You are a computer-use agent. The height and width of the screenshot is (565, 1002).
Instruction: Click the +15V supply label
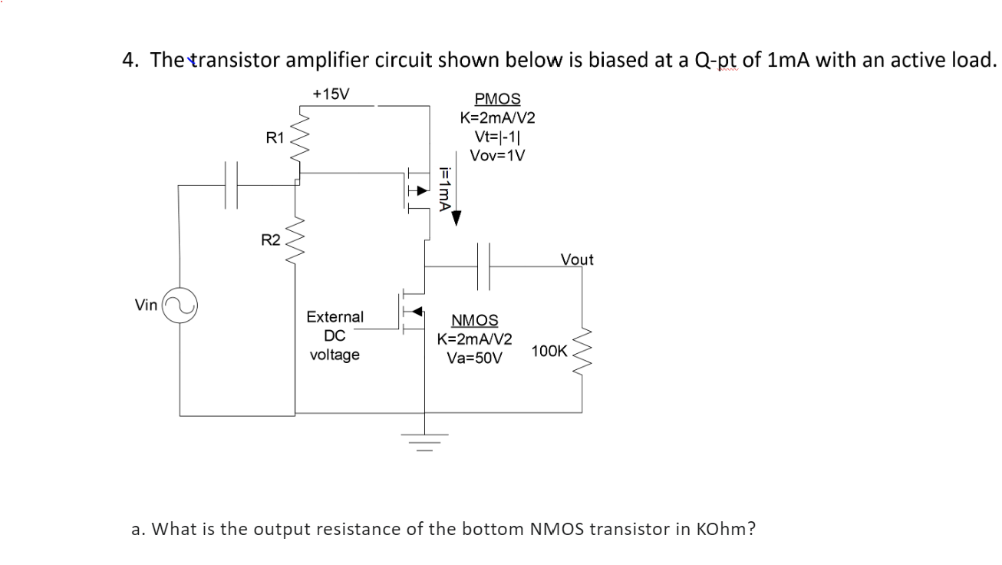coord(331,94)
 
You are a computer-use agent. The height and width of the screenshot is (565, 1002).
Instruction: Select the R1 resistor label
coord(275,138)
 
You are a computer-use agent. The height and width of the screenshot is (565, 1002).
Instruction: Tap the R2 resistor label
coord(270,240)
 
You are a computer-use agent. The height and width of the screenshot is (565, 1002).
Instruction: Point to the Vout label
coord(577,259)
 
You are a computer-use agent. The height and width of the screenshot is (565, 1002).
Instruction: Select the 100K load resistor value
coord(549,352)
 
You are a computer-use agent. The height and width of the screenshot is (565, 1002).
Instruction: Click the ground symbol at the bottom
coord(427,440)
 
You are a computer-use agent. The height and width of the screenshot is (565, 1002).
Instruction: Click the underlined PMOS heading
coord(497,99)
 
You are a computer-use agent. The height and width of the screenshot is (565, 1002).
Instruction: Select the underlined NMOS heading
coord(474,320)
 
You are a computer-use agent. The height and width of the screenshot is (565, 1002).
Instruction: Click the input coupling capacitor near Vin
coord(232,184)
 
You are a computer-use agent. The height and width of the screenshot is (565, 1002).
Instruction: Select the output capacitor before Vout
coord(485,266)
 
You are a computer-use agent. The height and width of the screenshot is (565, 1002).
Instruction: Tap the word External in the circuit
coord(335,317)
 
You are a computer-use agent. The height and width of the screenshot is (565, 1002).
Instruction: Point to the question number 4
coord(129,59)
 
